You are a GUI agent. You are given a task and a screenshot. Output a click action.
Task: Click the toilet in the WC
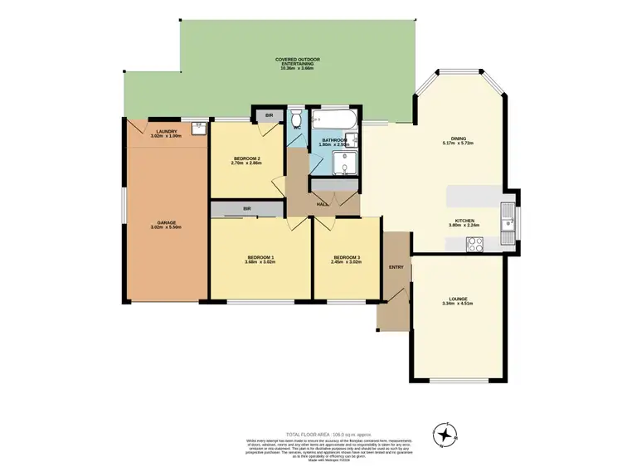pyautogui.click(x=297, y=116)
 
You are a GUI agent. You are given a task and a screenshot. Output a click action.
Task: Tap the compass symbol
pyautogui.click(x=446, y=433)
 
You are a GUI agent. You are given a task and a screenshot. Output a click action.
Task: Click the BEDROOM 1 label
pyautogui.click(x=260, y=257)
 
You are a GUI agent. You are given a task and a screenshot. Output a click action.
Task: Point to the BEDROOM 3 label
pyautogui.click(x=347, y=257)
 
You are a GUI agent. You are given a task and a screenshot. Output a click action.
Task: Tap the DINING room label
pyautogui.click(x=458, y=139)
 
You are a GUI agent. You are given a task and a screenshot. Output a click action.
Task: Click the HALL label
pyautogui.click(x=321, y=203)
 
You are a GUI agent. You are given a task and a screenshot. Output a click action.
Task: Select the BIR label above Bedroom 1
pyautogui.click(x=247, y=208)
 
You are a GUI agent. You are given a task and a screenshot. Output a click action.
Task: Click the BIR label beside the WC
pyautogui.click(x=268, y=115)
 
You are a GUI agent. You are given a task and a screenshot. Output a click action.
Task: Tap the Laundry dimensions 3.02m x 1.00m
pyautogui.click(x=166, y=135)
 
